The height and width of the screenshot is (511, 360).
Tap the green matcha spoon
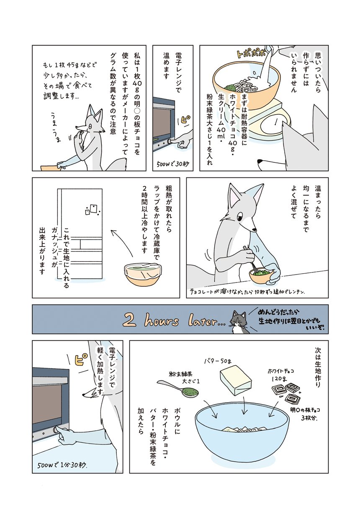pyautogui.click(x=178, y=390)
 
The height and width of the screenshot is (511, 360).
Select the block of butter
pyautogui.click(x=236, y=380)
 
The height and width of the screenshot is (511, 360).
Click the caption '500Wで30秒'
pyautogui.click(x=173, y=164)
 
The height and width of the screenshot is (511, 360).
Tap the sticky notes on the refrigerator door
pyautogui.click(x=92, y=210)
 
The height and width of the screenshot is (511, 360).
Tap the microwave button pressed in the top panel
pyautogui.click(x=170, y=141)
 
